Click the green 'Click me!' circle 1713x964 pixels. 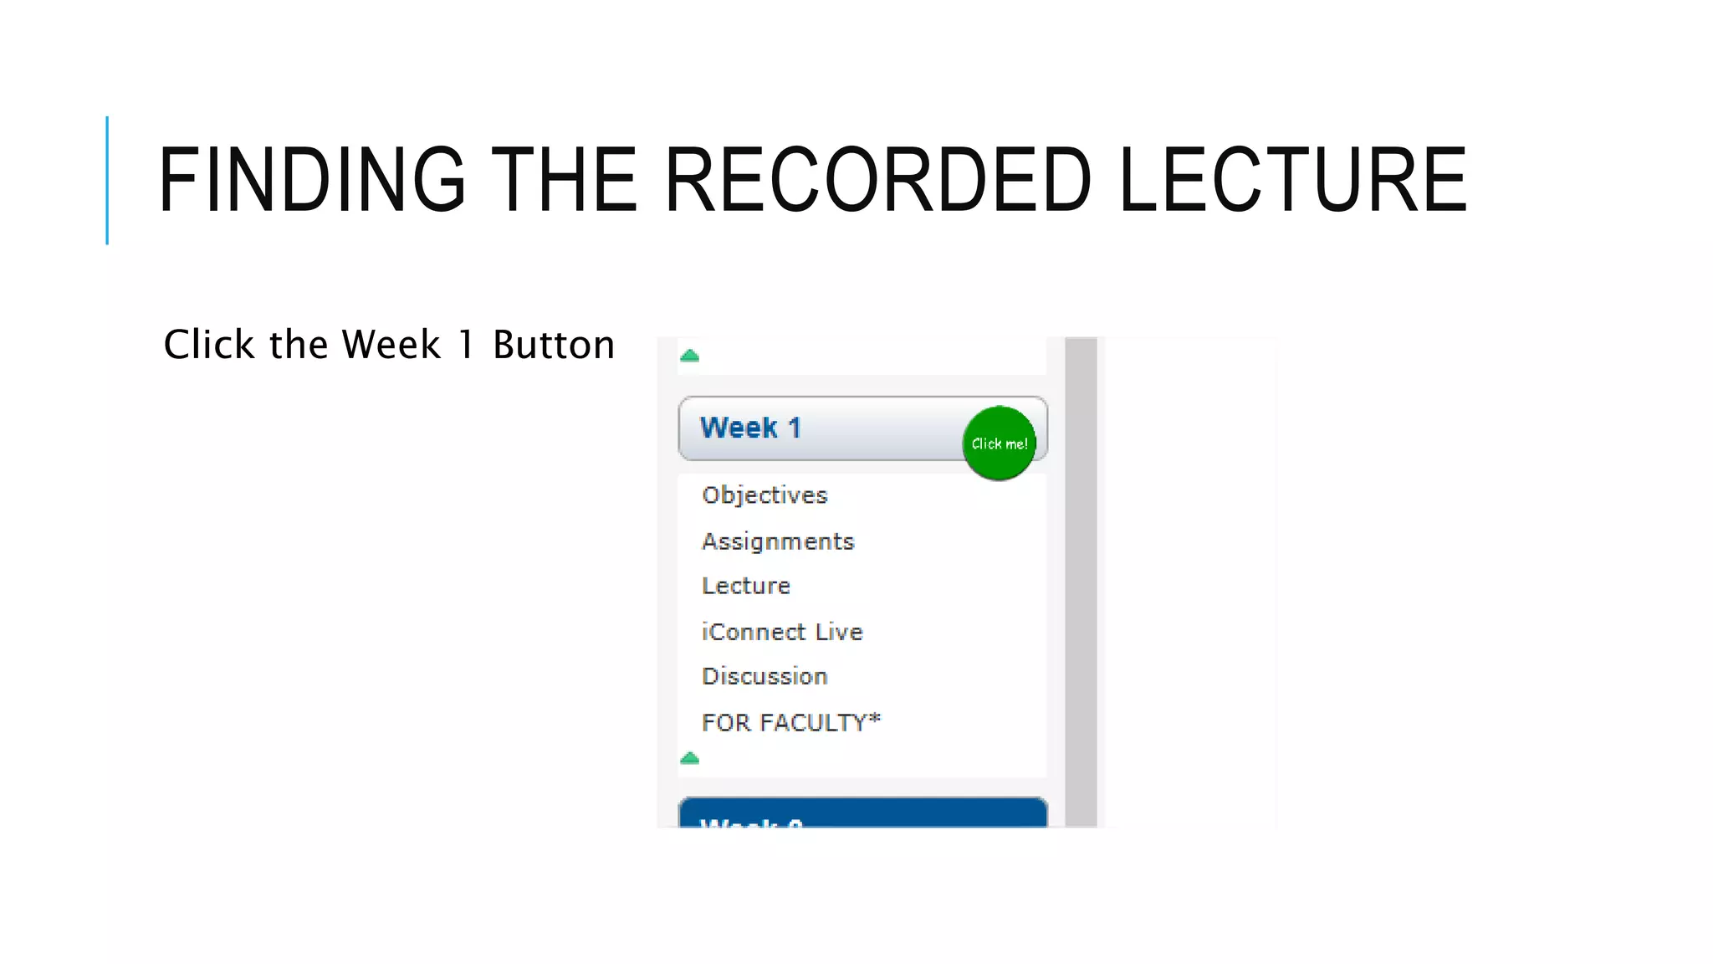[999, 444]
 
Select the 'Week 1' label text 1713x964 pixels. [750, 428]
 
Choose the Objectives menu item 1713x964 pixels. [764, 495]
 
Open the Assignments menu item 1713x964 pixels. [778, 541]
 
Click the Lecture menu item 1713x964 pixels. [746, 586]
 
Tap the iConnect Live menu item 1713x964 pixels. [782, 632]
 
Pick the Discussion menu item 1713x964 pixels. [764, 676]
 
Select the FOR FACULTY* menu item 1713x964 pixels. [791, 722]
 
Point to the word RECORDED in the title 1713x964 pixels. [877, 180]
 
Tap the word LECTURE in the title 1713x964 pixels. [1292, 180]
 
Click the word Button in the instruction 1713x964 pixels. [554, 345]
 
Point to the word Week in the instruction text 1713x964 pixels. [391, 345]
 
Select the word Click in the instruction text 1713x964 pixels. [209, 345]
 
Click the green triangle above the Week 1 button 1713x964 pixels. [689, 356]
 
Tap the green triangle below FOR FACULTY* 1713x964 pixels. [689, 758]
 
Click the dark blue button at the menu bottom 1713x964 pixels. [862, 813]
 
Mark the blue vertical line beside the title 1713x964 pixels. [107, 180]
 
